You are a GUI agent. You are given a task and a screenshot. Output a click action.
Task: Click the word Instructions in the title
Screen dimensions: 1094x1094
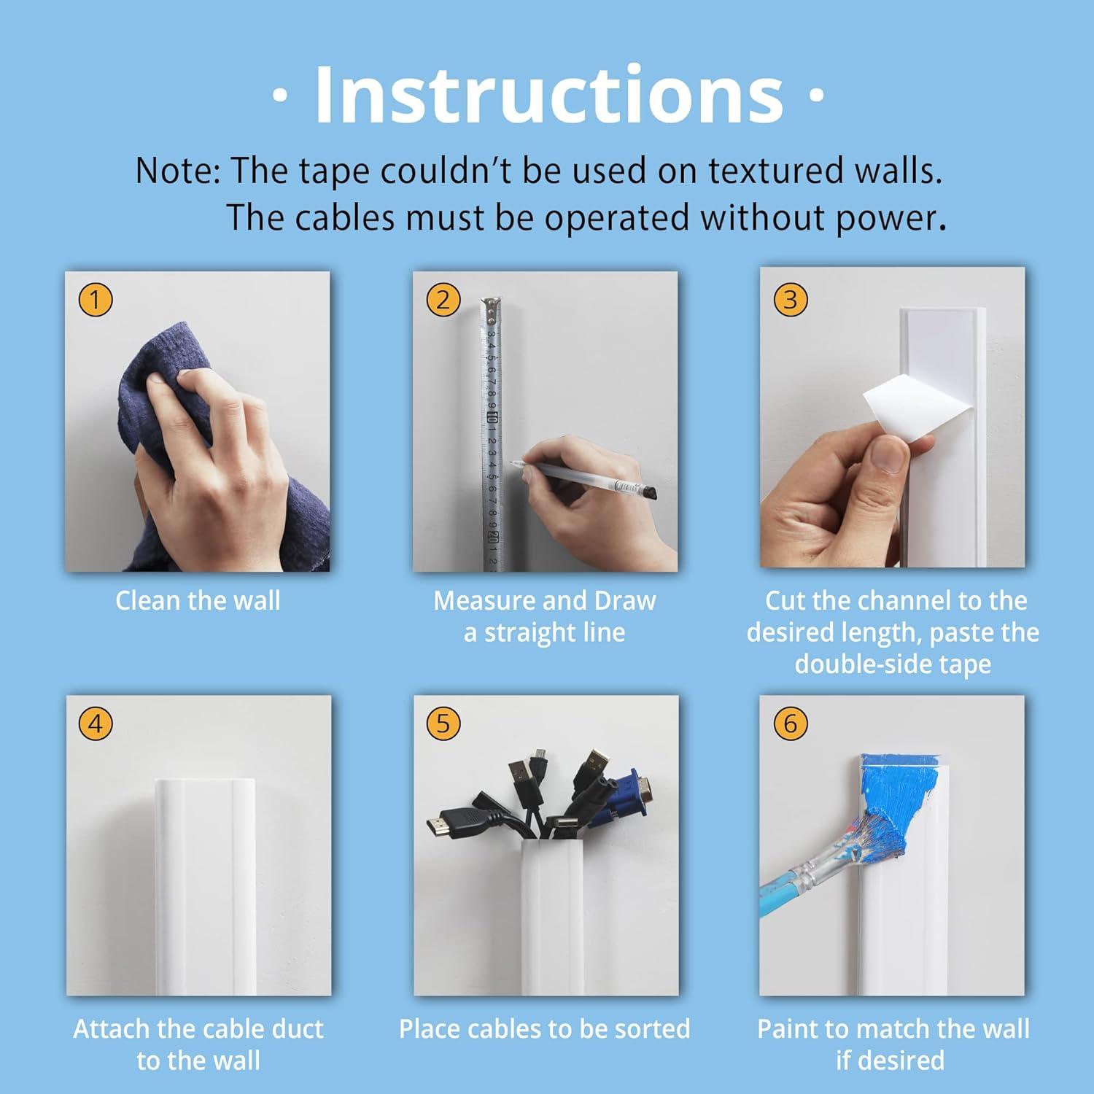pyautogui.click(x=549, y=95)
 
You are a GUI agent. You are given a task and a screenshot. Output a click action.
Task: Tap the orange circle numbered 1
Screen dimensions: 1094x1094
pyautogui.click(x=96, y=300)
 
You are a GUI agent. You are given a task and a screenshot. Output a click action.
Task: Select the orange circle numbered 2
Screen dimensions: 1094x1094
pyautogui.click(x=443, y=300)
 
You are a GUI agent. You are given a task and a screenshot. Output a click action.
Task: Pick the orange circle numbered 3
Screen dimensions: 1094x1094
pyautogui.click(x=791, y=300)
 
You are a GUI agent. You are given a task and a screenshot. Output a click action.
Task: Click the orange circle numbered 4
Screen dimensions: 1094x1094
pyautogui.click(x=96, y=724)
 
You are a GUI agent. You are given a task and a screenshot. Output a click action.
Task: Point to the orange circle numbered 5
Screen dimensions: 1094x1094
pyautogui.click(x=443, y=724)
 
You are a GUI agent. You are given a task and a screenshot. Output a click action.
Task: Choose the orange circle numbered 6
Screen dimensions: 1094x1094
pyautogui.click(x=791, y=724)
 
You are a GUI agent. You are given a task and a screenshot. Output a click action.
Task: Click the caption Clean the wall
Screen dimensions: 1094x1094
pyautogui.click(x=198, y=601)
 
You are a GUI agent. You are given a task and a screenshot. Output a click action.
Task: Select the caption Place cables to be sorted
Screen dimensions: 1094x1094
pyautogui.click(x=545, y=1029)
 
